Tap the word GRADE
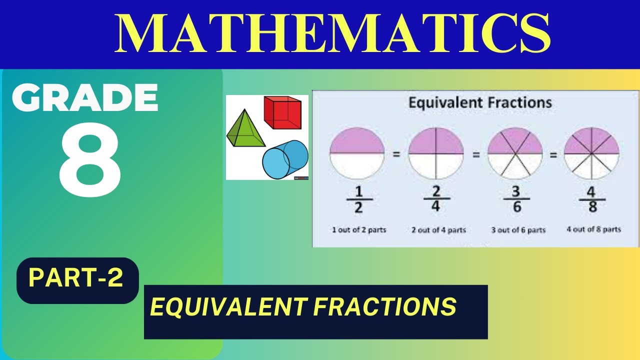[85, 97]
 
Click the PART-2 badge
[76, 278]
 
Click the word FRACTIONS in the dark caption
[384, 306]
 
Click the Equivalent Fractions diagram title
[480, 103]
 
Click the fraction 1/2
[358, 200]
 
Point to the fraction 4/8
[592, 200]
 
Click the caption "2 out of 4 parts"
[438, 230]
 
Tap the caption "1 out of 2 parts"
[359, 230]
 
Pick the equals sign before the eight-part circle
[553, 155]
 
